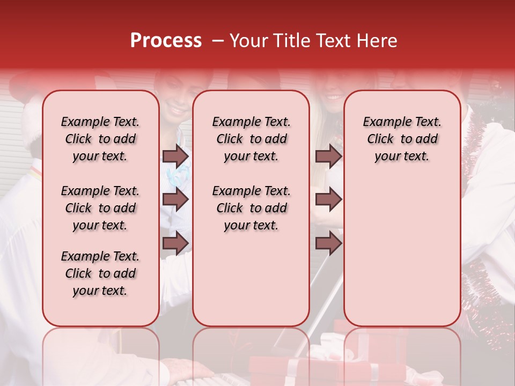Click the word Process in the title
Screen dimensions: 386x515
pos(166,41)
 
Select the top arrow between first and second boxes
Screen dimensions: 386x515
pos(175,156)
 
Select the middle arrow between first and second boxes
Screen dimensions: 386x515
pos(175,200)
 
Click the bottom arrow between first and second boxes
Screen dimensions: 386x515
pos(175,243)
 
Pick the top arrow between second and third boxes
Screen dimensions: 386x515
pos(328,156)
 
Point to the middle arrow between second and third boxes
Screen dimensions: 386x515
pos(328,200)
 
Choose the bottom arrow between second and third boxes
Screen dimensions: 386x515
pos(328,243)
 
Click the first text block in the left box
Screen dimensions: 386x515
pos(100,139)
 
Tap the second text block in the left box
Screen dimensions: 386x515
pos(100,208)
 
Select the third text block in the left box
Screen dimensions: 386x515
pos(100,273)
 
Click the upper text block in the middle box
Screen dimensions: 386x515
pos(251,139)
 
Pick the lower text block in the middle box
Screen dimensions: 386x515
pos(251,208)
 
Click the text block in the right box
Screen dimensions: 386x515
pos(402,139)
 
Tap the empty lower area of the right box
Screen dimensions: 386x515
pos(402,252)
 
